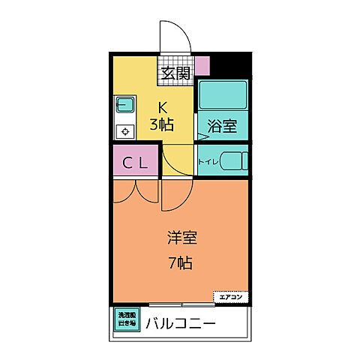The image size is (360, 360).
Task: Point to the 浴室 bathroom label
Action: click(223, 126)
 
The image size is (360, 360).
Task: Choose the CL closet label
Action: click(135, 161)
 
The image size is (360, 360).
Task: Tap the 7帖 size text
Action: click(179, 264)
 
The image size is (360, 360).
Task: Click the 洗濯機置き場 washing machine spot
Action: click(126, 320)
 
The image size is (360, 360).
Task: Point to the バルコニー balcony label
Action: click(181, 324)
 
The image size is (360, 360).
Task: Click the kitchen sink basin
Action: click(124, 105)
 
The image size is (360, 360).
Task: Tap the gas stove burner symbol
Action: click(124, 130)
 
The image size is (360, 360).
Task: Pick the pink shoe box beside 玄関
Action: click(202, 66)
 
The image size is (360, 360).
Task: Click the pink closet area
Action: click(135, 161)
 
